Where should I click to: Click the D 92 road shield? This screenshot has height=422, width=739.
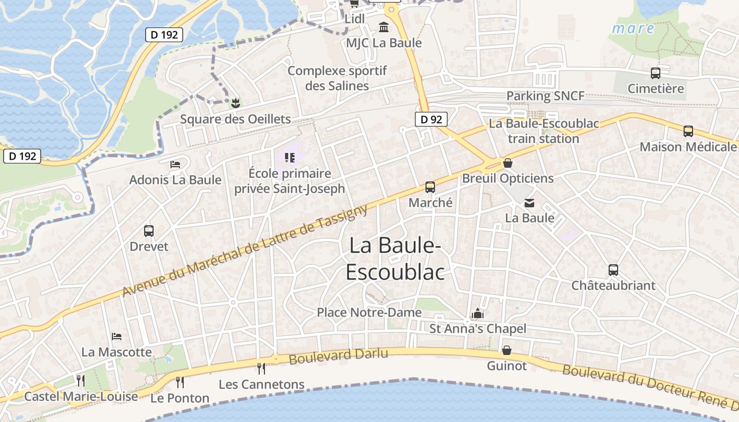pos(431,119)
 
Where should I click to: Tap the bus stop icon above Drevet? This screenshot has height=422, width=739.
pos(149,231)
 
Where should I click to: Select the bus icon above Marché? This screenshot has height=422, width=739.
pos(430,187)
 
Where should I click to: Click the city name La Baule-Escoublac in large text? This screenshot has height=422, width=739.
pos(395,259)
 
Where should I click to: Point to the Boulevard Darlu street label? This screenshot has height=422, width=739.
pos(338,356)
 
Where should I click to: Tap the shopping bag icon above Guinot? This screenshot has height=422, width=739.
pos(507,350)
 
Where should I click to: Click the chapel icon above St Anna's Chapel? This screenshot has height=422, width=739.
pos(478,314)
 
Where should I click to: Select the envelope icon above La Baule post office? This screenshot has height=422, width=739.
pos(529,203)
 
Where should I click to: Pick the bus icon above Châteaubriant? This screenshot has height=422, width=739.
pos(613,270)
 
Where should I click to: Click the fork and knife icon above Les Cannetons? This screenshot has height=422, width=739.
pos(261,368)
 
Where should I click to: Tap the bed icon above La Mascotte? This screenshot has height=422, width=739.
pos(117,337)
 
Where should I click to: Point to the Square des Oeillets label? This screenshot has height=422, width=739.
pos(235,119)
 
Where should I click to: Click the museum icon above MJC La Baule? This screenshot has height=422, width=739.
pos(384,27)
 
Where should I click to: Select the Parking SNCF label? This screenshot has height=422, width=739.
pos(545,96)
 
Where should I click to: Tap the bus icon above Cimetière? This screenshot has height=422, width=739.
pos(656,73)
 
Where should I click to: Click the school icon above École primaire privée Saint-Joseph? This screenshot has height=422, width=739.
pos(289,157)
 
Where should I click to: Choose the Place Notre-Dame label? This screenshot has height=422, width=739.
pos(369,312)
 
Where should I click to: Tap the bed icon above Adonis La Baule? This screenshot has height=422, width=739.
pos(175,165)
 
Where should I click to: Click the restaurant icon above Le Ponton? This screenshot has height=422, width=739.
pos(180,382)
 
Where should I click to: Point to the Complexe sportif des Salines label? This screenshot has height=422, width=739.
pos(337,78)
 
